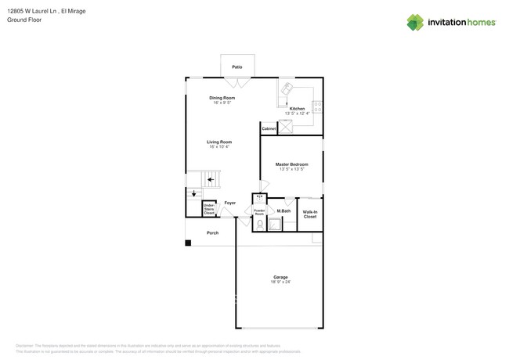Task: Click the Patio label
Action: [x=236, y=67]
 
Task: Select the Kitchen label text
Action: [x=297, y=109]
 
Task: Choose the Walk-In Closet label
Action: [x=310, y=214]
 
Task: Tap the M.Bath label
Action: [x=283, y=211]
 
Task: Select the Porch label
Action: [x=212, y=233]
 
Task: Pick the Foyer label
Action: [x=229, y=203]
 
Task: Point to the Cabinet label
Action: [x=269, y=128]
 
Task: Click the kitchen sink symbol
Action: [x=287, y=88]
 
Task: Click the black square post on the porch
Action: [x=188, y=243]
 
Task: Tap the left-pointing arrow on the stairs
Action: [x=211, y=180]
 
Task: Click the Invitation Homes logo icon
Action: [x=415, y=23]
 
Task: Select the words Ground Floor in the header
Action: [x=24, y=20]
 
